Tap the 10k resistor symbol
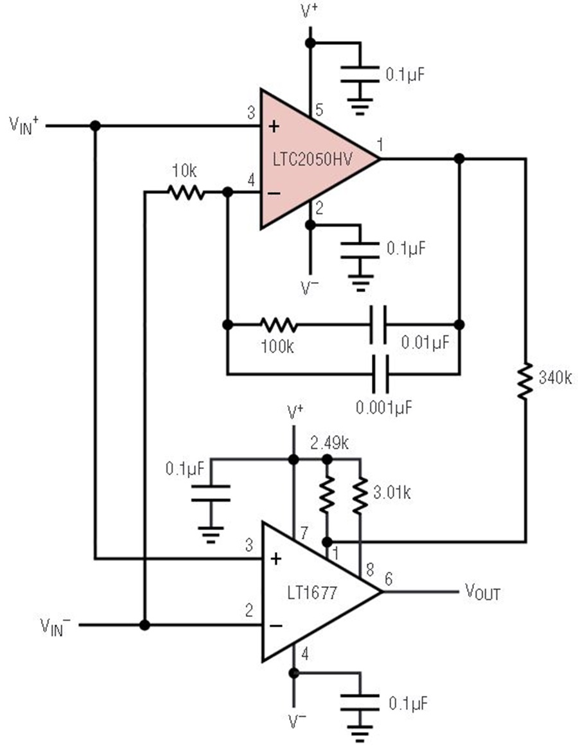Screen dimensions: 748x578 186,192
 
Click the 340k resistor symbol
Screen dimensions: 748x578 525,381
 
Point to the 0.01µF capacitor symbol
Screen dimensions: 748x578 380,325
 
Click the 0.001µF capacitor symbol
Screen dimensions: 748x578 380,373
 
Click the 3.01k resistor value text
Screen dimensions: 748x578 392,493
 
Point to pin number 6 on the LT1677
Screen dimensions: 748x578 389,577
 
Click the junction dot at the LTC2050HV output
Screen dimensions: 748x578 459,159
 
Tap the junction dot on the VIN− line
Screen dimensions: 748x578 145,625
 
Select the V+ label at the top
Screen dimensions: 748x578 310,12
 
